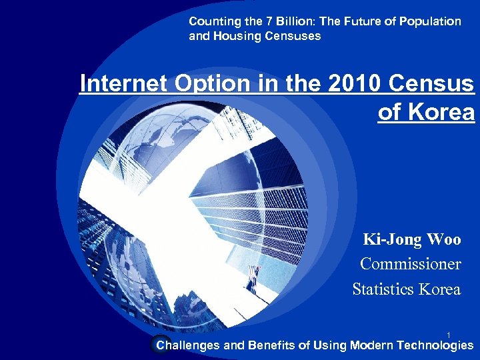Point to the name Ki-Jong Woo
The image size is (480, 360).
(411, 239)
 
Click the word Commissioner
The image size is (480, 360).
(410, 264)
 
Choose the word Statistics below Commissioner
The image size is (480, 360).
(382, 289)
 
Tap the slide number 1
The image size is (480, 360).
(449, 335)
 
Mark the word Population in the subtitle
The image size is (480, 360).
(429, 21)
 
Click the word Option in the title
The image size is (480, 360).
(193, 84)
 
